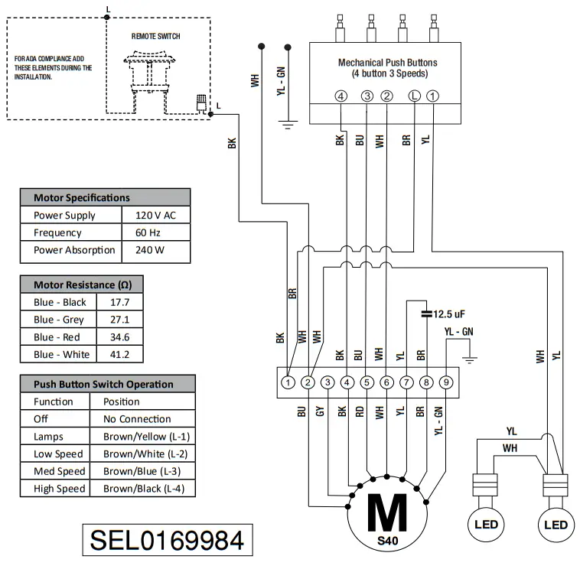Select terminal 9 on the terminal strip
pyautogui.click(x=447, y=382)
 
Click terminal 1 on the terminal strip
pyautogui.click(x=288, y=382)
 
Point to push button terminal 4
pyautogui.click(x=341, y=96)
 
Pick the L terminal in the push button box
pyautogui.click(x=414, y=96)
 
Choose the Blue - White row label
pyautogui.click(x=62, y=355)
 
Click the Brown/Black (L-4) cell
pyautogui.click(x=143, y=489)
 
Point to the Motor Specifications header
pyautogui.click(x=82, y=197)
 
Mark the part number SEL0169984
pyautogui.click(x=167, y=540)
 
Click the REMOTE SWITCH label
pyautogui.click(x=156, y=36)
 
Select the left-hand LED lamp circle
pyautogui.click(x=485, y=525)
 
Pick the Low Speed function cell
pyautogui.click(x=58, y=454)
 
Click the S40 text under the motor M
pyautogui.click(x=388, y=540)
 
